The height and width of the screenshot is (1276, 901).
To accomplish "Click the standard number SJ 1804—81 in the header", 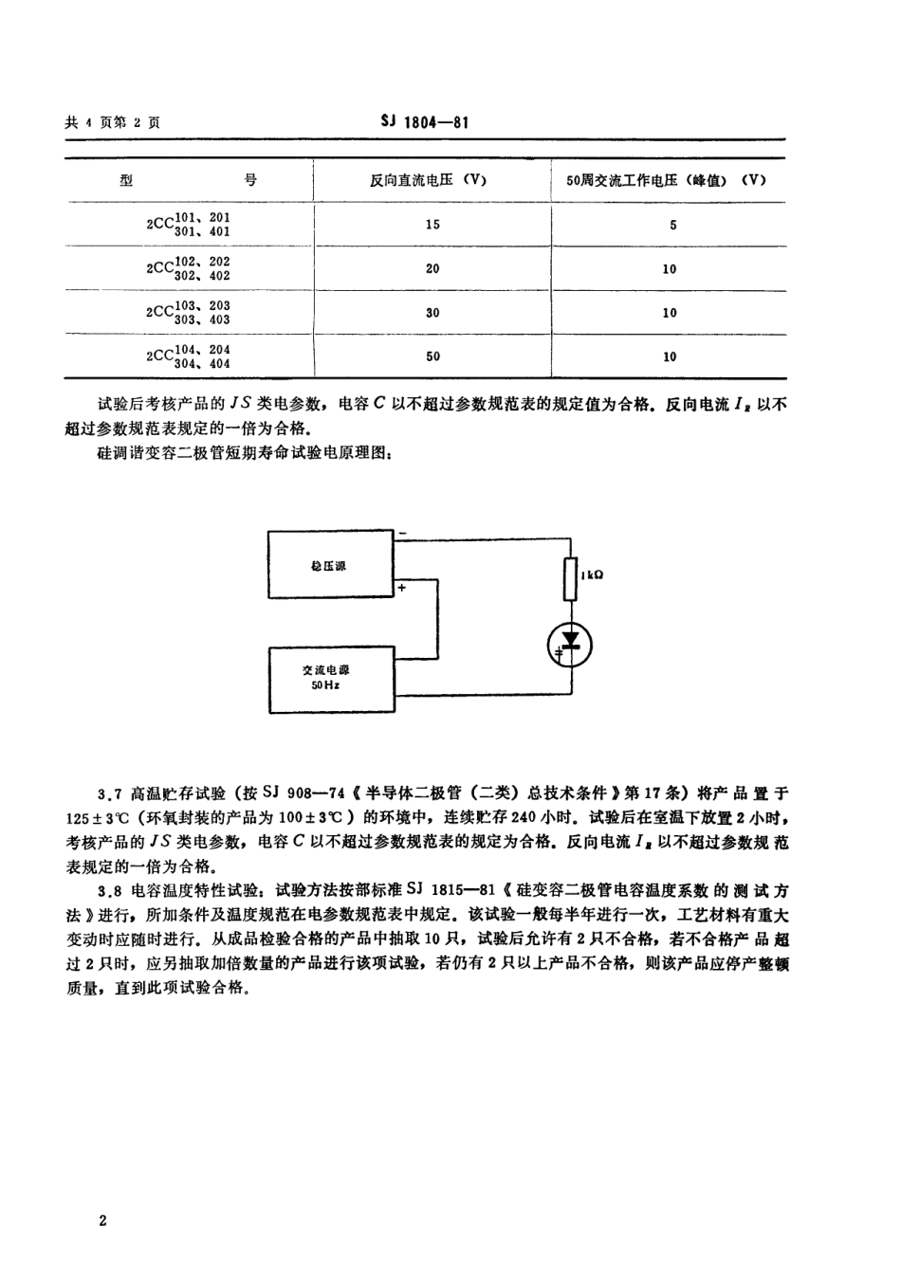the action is [424, 122].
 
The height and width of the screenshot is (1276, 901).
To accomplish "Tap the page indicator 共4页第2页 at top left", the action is [112, 123].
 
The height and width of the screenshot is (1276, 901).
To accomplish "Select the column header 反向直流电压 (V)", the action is [432, 180].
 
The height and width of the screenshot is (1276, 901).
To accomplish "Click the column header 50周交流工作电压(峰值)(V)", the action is [660, 180].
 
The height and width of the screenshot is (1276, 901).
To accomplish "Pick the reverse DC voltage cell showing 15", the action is [432, 225].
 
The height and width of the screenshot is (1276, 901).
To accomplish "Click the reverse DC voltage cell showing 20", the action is [432, 268].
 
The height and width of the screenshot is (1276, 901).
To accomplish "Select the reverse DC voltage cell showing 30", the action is [432, 312].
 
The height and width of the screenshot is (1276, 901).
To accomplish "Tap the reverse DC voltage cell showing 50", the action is [432, 356].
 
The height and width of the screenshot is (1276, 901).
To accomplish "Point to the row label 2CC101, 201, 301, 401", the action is [189, 225].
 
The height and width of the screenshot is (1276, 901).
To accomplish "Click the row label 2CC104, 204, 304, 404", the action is [189, 356].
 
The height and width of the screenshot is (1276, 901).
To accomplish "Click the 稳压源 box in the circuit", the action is [329, 565].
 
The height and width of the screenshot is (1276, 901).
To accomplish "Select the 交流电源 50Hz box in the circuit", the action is [329, 678].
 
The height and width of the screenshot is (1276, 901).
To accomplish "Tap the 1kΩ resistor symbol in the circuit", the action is [571, 579].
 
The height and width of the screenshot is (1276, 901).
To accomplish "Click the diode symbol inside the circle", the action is [571, 645].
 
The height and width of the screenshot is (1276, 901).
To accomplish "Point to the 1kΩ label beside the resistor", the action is [591, 574].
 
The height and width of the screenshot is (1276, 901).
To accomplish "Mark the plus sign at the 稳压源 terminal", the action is [402, 589].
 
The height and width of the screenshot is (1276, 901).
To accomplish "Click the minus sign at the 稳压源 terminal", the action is [402, 534].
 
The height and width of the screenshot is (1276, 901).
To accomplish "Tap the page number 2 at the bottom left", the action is [102, 1220].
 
